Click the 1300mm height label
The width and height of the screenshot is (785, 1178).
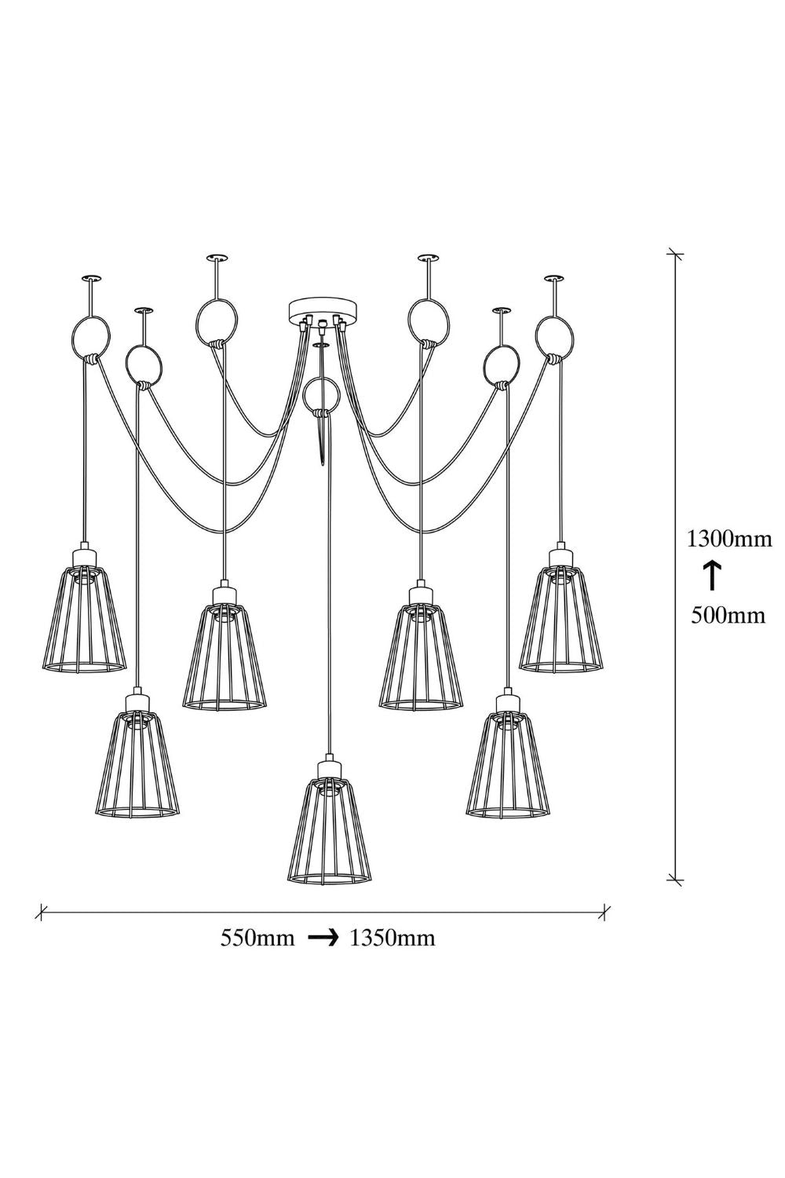[x=729, y=540]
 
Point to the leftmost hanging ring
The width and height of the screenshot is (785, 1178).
[x=90, y=336]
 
